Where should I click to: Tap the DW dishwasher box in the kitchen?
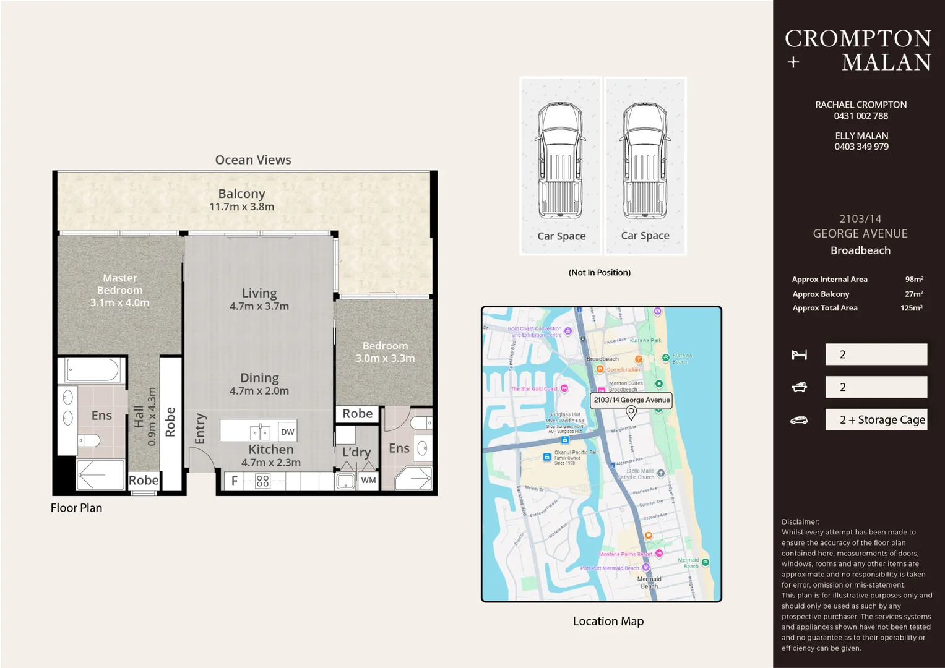point(287,432)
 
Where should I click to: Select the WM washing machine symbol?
point(368,480)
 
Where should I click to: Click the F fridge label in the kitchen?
point(235,481)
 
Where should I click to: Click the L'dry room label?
point(356,452)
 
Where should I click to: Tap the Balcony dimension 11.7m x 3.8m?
point(241,207)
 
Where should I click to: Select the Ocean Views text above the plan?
point(252,160)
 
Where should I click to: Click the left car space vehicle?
point(560,161)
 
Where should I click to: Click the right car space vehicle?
point(645,161)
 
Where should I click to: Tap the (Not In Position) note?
point(599,272)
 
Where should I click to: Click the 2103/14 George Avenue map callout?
point(631,400)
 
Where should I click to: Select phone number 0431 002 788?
point(860,116)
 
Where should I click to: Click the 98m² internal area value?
point(913,280)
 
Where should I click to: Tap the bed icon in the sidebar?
point(799,354)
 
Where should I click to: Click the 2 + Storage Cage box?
point(876,420)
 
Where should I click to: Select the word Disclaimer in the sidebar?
point(800,521)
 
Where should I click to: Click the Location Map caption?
point(608,621)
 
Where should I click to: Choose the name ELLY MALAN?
point(861,135)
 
